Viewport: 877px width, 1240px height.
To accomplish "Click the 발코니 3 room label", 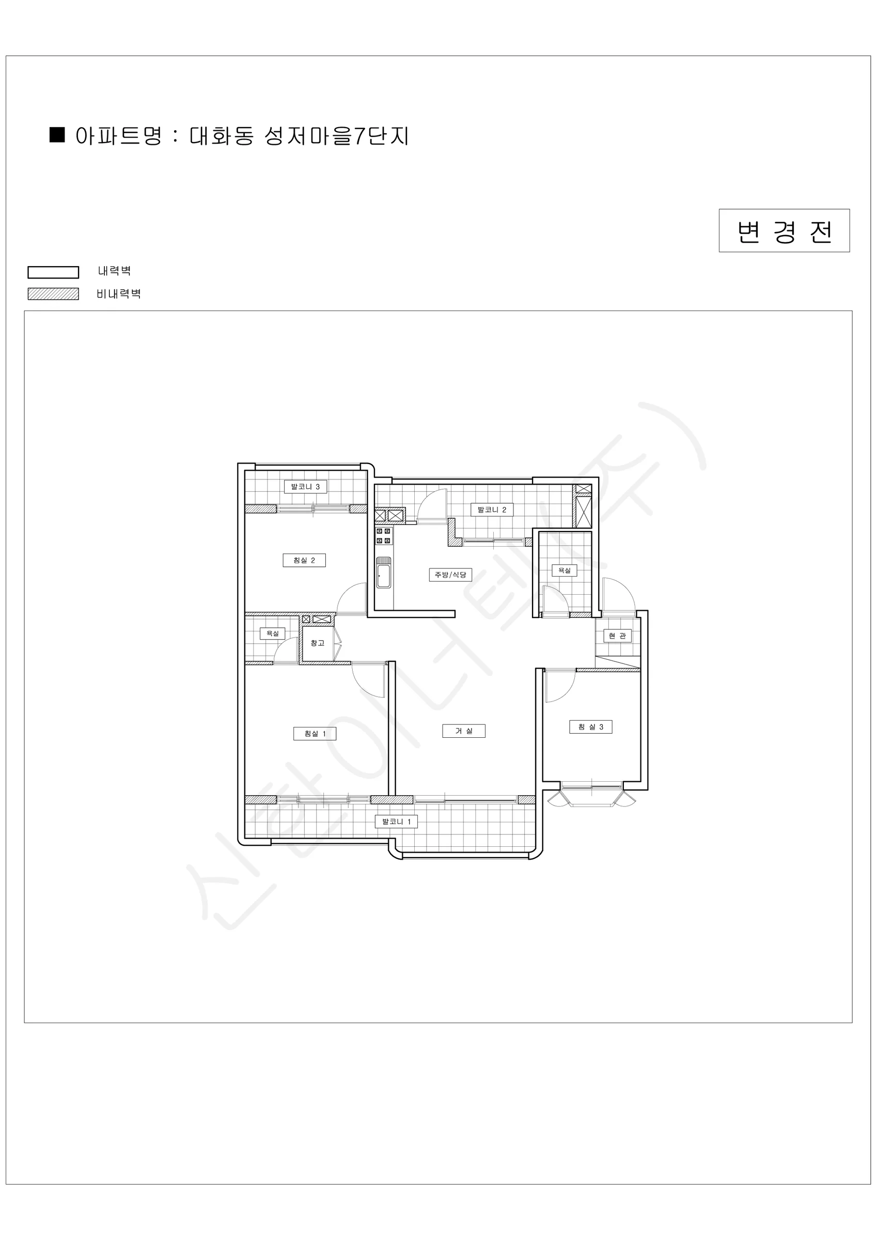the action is [305, 487].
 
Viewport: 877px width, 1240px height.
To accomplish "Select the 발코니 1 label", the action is [396, 822].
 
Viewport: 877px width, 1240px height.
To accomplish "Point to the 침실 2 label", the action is [304, 560].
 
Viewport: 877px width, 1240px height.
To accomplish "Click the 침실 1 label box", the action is [315, 734].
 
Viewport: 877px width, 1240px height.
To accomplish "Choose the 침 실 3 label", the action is [590, 727].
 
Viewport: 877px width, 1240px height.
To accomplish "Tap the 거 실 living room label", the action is [463, 731].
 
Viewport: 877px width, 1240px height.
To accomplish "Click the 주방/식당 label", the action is [450, 575].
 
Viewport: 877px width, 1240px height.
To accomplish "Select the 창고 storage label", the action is [318, 643].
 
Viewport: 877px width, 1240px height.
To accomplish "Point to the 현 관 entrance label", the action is [617, 636].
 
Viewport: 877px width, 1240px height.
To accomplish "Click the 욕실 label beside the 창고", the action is [272, 633].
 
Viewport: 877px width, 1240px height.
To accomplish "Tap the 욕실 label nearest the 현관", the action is [565, 570].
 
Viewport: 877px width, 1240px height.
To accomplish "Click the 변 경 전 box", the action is [784, 230].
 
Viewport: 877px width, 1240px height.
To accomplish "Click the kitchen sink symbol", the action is [383, 572].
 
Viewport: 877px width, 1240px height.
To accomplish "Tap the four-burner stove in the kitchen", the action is [383, 536].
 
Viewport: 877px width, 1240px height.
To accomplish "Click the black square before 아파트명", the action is [57, 134].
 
